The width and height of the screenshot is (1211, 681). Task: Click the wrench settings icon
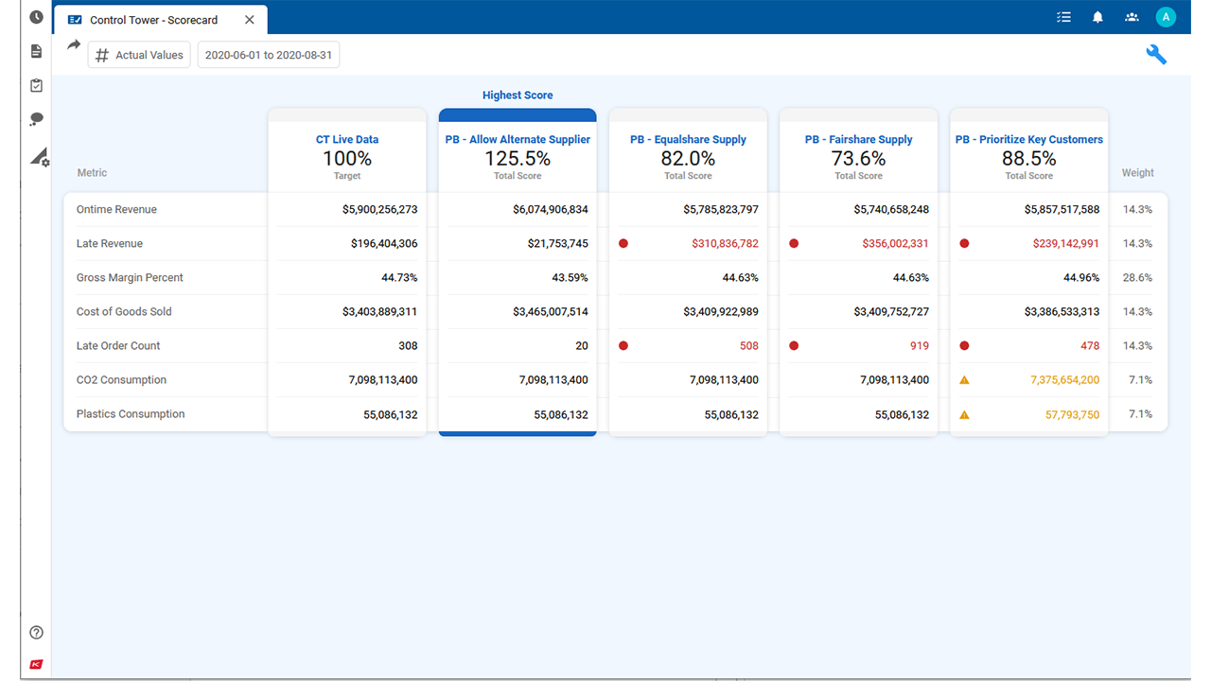click(1156, 55)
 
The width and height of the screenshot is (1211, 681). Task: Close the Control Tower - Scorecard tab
click(250, 20)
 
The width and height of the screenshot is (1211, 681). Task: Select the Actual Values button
click(139, 55)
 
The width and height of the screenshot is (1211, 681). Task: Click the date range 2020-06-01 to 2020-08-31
click(269, 55)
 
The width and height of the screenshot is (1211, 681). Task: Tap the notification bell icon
click(1097, 17)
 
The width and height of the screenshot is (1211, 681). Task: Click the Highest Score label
click(518, 96)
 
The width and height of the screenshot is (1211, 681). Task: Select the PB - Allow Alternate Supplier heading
click(518, 140)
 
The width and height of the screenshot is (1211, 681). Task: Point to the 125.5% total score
click(518, 159)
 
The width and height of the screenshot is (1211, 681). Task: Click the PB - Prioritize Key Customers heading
click(1028, 140)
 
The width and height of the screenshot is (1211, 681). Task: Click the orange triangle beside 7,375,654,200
click(964, 380)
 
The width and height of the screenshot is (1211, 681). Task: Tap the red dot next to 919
click(794, 346)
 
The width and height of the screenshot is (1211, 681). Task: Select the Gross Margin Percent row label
click(130, 278)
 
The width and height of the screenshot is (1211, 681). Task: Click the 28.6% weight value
click(1137, 278)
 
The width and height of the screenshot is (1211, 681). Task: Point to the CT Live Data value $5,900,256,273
click(379, 210)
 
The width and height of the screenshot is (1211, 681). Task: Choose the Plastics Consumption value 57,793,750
click(1072, 414)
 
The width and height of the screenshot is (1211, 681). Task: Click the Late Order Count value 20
click(581, 346)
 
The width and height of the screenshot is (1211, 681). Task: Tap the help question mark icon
click(37, 633)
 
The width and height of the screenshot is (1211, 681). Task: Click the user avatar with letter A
click(1166, 17)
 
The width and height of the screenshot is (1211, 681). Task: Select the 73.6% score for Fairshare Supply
click(858, 159)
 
